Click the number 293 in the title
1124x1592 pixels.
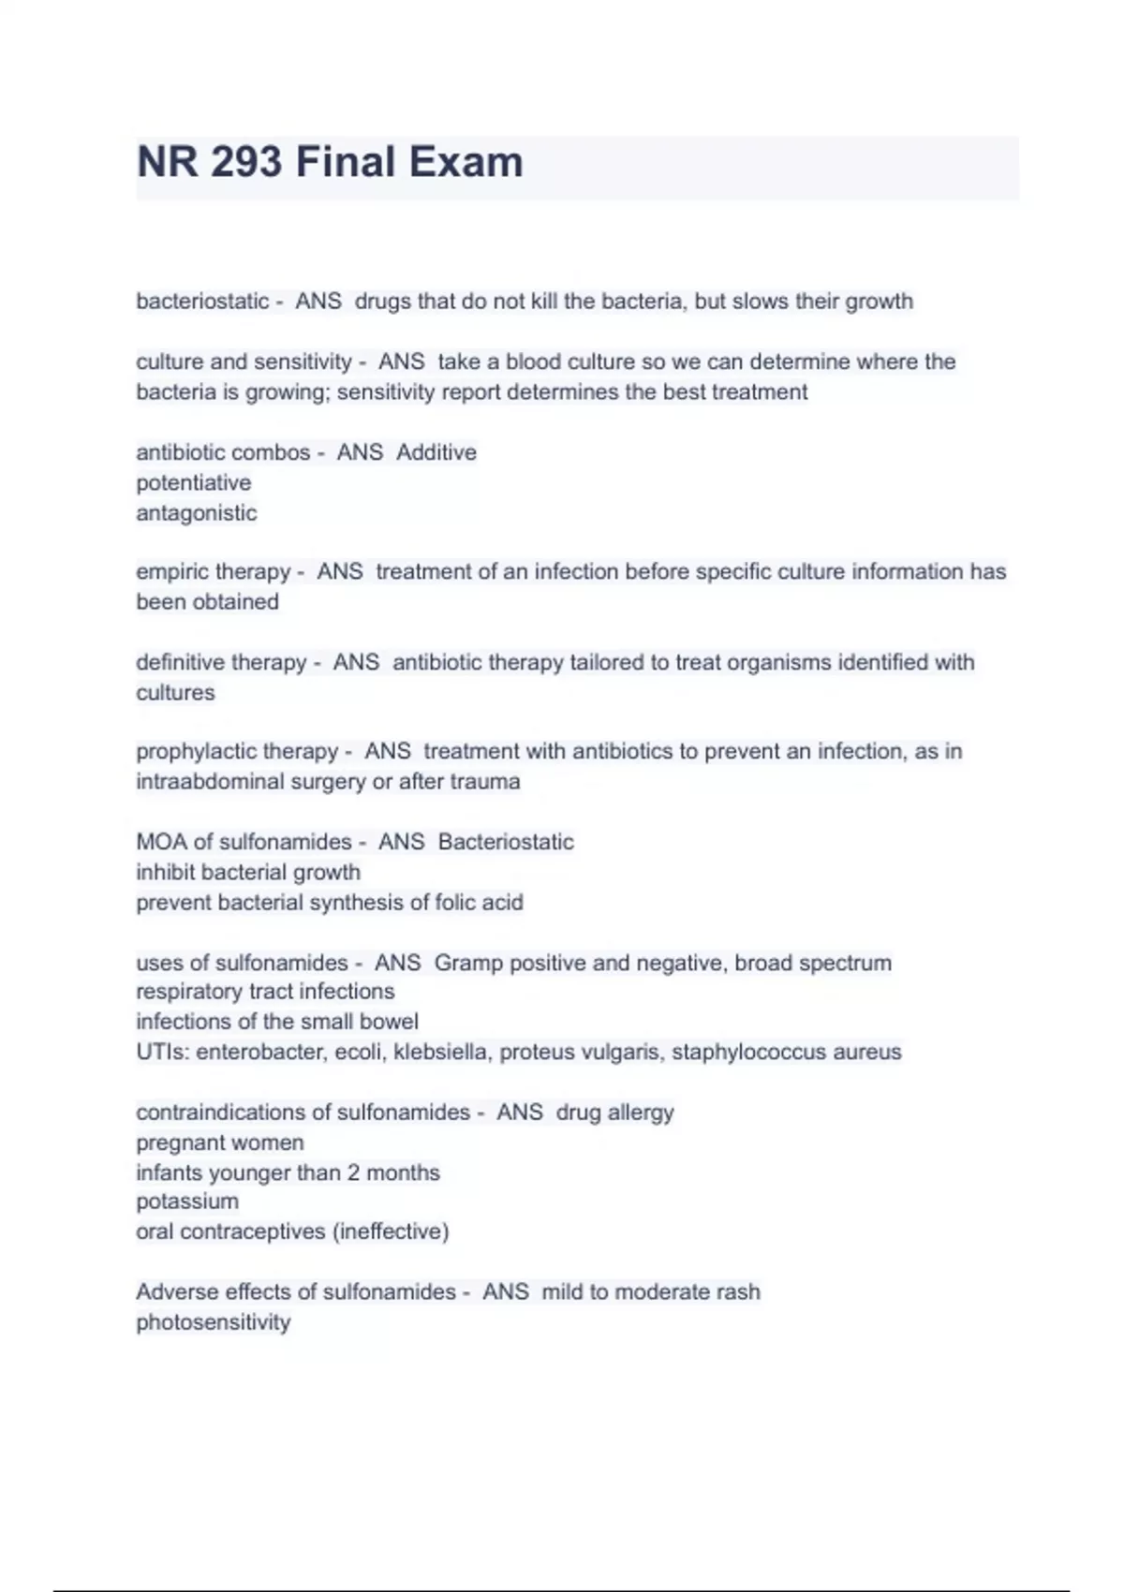coord(245,162)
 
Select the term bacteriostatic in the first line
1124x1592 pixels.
coord(202,302)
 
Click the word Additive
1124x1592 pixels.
coord(436,452)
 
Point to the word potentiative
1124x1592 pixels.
coord(193,483)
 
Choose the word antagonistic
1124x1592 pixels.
coord(196,513)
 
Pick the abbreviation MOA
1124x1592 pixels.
coord(161,842)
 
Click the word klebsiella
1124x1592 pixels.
coord(440,1053)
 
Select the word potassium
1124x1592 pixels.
coord(187,1201)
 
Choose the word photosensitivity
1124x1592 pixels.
coord(213,1322)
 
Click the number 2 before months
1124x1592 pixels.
coord(353,1172)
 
